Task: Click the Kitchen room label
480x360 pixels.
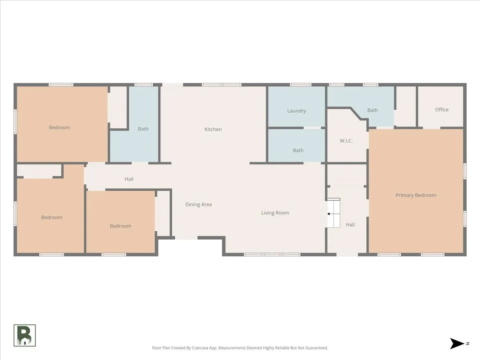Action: pos(213,129)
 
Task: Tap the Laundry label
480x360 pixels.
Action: pos(296,111)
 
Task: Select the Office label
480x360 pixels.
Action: pos(442,110)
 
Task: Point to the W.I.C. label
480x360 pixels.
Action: pos(346,141)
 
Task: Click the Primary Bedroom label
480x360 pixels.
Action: pos(416,195)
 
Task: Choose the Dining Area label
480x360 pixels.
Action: pos(198,204)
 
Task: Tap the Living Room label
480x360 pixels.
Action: pos(275,213)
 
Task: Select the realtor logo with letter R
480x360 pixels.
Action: pos(24,335)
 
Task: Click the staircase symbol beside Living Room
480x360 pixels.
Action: pos(334,213)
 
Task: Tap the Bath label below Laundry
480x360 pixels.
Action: pos(298,150)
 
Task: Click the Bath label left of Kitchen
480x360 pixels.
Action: pos(143,129)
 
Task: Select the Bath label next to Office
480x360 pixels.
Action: pos(372,110)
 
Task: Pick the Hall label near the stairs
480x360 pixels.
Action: pos(350,225)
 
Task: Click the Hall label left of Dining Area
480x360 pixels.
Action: pos(129,179)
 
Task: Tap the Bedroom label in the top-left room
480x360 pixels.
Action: pos(60,128)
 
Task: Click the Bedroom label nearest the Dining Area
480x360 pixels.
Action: pos(120,226)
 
